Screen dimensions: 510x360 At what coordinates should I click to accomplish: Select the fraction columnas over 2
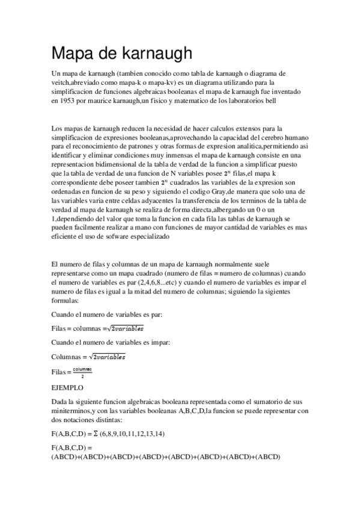82,372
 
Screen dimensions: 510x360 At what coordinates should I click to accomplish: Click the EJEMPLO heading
68,388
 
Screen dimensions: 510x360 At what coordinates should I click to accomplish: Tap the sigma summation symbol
103,434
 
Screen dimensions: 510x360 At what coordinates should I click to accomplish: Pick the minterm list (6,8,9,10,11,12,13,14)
141,434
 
